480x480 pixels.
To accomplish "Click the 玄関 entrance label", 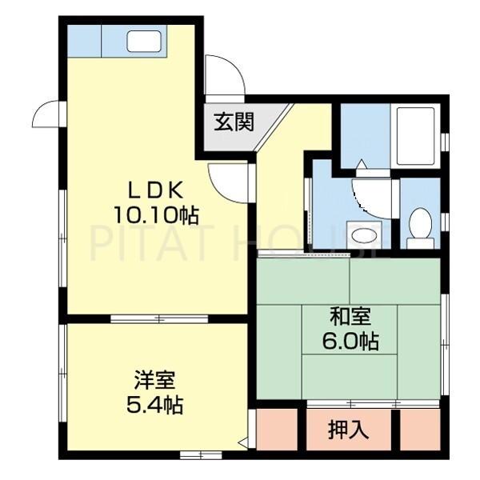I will [234, 122].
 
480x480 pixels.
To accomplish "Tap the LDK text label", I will [158, 190].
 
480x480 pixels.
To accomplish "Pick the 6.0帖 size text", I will [350, 341].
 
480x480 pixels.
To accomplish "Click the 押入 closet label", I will [348, 429].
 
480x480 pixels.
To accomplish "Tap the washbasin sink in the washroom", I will [366, 234].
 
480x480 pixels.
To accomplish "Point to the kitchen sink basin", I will [144, 41].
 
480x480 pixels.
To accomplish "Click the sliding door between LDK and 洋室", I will [158, 318].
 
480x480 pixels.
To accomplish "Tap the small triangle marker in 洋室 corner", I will [242, 441].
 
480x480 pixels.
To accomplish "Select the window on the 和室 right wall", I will [444, 344].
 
